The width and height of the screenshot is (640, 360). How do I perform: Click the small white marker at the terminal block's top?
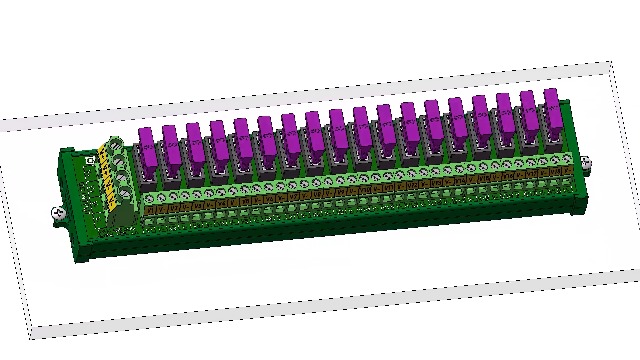click(x=90, y=158)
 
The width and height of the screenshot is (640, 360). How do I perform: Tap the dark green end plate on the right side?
click(x=574, y=180)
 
